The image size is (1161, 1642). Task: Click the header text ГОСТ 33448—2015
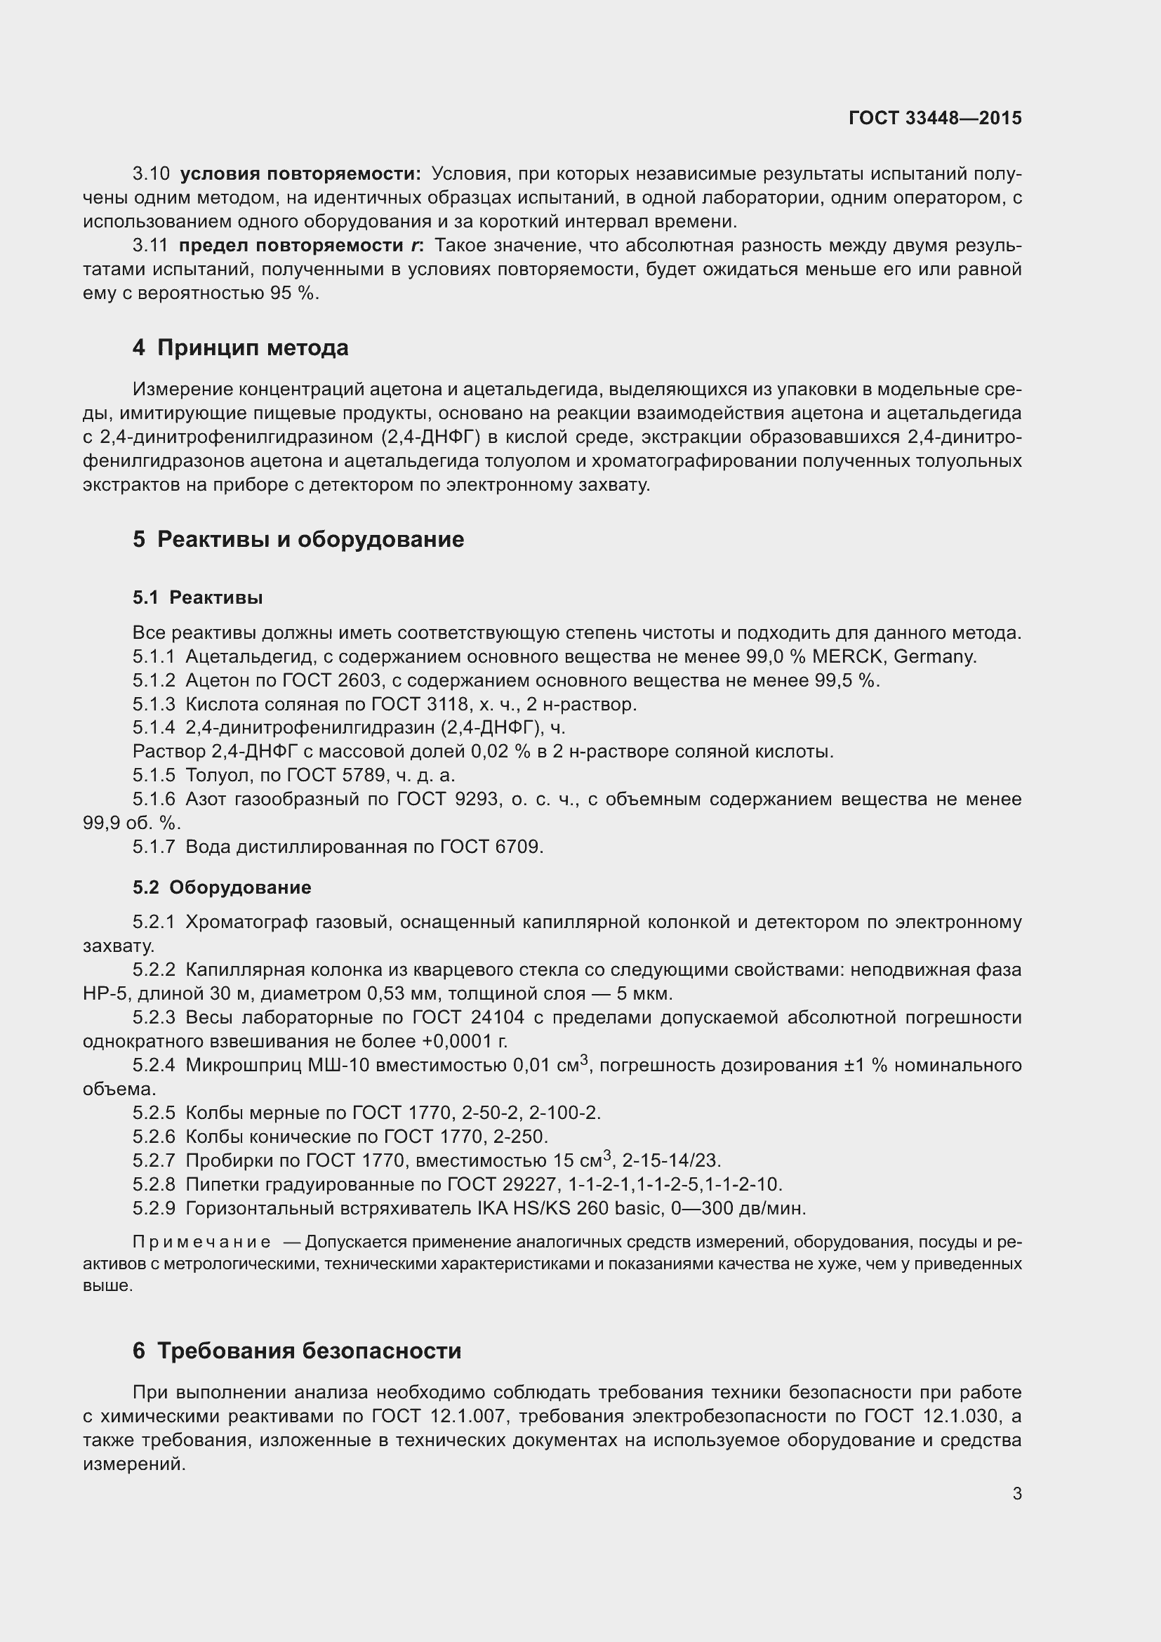tap(934, 118)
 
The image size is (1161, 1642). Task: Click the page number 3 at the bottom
tap(1016, 1493)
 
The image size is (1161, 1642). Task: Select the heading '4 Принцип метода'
tap(240, 347)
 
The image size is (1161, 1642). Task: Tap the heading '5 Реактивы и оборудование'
tap(298, 539)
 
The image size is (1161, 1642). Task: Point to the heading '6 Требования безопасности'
tap(297, 1351)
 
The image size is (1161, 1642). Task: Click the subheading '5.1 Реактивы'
tap(197, 598)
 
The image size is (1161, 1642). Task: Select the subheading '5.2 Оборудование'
tap(222, 887)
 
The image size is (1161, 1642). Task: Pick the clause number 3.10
tap(151, 174)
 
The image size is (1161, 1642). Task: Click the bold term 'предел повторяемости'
tap(291, 245)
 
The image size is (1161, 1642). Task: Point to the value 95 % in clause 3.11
tap(293, 293)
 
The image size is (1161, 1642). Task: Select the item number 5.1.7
tap(153, 847)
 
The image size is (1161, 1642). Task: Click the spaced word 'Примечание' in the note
tap(201, 1243)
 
